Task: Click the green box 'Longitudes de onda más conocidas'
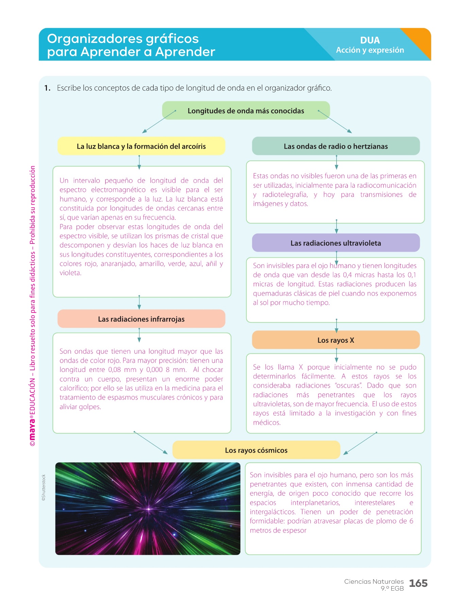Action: tap(246, 111)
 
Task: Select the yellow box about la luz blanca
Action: tap(141, 146)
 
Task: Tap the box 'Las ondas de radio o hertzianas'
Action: tap(336, 146)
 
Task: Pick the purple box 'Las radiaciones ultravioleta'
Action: tap(336, 243)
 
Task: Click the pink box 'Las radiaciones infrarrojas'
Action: tap(141, 319)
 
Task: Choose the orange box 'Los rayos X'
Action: tap(336, 340)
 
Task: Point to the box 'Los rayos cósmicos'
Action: tap(256, 450)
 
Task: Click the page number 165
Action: tap(418, 583)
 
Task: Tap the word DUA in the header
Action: tap(370, 40)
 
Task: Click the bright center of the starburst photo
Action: tap(149, 509)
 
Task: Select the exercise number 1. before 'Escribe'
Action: tap(47, 88)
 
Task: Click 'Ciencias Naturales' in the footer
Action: tap(374, 581)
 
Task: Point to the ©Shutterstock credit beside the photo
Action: tap(44, 488)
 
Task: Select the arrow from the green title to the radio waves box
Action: tap(335, 122)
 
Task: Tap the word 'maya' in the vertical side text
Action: tap(32, 428)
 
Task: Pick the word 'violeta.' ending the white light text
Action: tap(70, 273)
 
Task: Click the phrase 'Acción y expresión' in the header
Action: tap(370, 50)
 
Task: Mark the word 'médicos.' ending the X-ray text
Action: tap(267, 423)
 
